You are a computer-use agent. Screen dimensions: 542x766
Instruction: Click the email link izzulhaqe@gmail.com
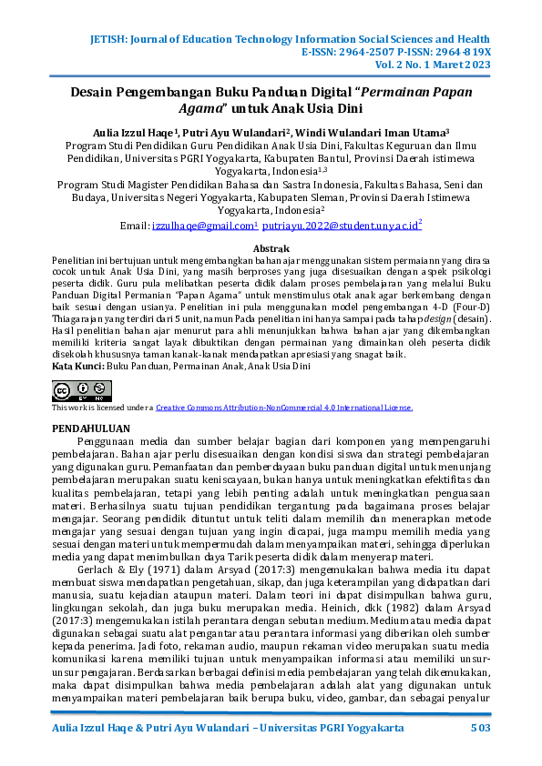pos(203,225)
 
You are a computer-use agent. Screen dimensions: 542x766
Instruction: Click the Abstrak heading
pos(271,247)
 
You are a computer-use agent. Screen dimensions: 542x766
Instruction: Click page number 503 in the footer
pos(480,730)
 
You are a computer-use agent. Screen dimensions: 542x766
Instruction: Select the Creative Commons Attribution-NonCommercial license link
pos(284,408)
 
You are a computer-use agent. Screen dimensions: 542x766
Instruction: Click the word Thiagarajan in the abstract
pos(82,318)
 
